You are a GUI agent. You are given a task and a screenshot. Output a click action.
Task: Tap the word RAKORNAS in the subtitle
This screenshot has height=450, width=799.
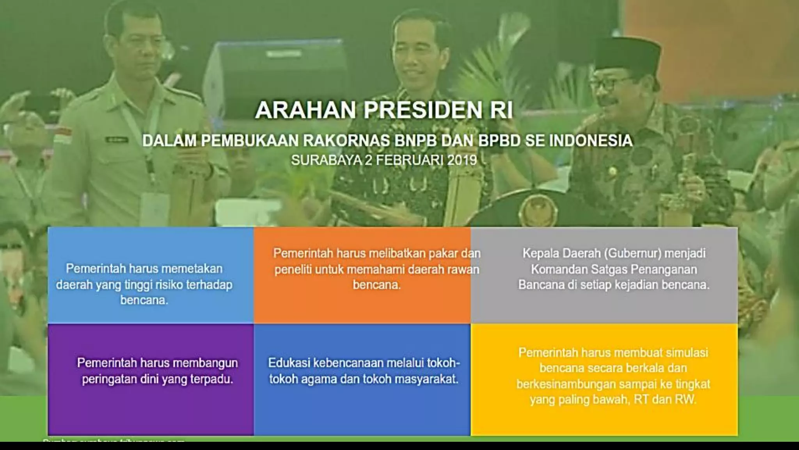click(347, 141)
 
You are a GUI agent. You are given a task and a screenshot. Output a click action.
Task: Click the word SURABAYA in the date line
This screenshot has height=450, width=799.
click(326, 160)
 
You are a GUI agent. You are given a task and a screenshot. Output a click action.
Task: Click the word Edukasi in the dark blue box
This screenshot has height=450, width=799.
click(288, 363)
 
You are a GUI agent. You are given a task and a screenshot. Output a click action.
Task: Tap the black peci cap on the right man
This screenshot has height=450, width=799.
click(627, 53)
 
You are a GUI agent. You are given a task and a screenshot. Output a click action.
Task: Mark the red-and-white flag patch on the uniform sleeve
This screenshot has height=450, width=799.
click(62, 135)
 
